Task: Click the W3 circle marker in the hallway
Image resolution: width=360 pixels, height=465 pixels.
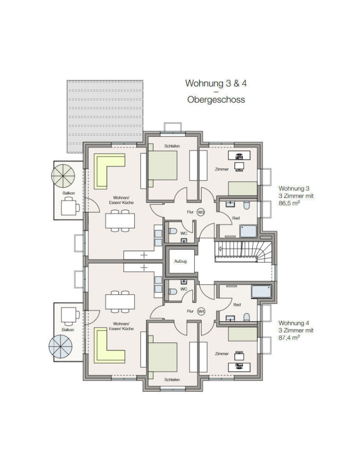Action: point(201,212)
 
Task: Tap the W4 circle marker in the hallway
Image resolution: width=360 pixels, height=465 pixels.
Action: point(201,311)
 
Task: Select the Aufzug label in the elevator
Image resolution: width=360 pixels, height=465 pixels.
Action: point(181,261)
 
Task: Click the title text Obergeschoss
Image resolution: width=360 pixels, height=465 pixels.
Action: point(216,99)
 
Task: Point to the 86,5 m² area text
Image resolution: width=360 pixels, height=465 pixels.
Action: point(289,203)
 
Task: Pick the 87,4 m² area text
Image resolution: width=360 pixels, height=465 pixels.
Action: point(289,338)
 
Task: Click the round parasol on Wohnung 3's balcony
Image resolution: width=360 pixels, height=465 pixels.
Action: point(63,176)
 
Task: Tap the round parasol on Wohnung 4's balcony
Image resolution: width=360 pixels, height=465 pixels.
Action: point(61,347)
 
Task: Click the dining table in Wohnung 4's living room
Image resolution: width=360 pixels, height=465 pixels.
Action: point(120,301)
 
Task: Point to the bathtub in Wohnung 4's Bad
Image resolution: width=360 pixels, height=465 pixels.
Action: point(262,291)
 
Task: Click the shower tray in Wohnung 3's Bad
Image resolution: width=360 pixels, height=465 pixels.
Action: point(248,231)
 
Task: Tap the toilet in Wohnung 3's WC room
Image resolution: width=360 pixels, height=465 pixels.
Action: point(172,231)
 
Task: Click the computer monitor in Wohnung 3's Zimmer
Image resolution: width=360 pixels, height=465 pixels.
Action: point(239,166)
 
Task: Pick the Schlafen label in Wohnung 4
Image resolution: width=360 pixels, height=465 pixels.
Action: point(172,380)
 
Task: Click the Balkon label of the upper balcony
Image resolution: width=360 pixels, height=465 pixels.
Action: point(68,193)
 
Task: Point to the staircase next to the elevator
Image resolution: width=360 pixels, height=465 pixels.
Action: point(243,251)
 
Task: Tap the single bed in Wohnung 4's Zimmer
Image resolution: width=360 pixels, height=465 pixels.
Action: point(243,334)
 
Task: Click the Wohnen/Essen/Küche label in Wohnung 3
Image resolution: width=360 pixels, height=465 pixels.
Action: point(121,200)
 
